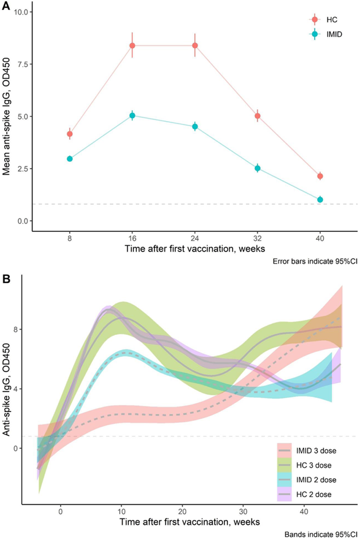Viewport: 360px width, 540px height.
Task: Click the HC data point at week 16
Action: pos(132,45)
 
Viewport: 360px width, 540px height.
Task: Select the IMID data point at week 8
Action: pos(70,159)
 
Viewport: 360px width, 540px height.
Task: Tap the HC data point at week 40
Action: pos(320,176)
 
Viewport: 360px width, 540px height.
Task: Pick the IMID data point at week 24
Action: pos(195,127)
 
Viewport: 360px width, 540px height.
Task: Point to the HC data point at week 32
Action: pos(257,116)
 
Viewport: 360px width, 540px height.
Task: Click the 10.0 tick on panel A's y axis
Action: pos(22,12)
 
